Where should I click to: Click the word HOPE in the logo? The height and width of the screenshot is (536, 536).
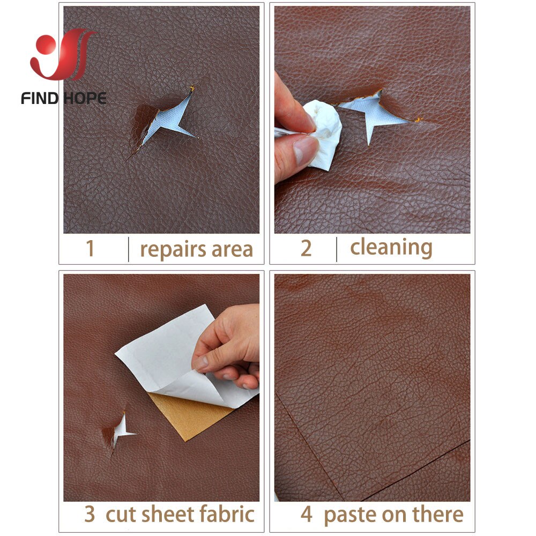(x=84, y=98)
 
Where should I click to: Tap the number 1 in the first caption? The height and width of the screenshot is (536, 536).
(x=90, y=249)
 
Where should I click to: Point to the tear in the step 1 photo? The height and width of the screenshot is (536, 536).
(x=166, y=121)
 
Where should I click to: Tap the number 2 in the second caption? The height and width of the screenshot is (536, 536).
(x=306, y=248)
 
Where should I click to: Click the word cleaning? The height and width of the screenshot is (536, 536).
(x=391, y=248)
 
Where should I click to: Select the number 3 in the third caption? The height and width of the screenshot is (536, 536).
(x=90, y=515)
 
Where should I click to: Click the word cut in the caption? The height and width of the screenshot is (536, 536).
(x=121, y=515)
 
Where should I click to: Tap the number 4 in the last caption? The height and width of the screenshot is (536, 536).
(x=306, y=515)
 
